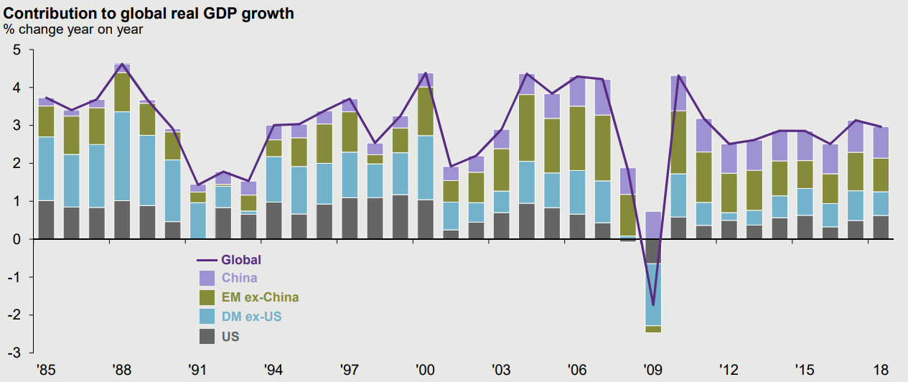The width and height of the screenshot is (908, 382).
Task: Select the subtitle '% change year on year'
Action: click(x=74, y=29)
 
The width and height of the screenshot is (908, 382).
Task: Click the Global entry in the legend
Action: click(x=240, y=260)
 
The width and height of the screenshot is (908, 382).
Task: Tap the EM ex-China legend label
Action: click(x=261, y=297)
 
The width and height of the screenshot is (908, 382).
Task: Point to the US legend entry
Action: click(x=230, y=336)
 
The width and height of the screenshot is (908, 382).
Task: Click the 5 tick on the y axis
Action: click(x=17, y=50)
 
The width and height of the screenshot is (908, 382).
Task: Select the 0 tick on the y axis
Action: click(x=17, y=239)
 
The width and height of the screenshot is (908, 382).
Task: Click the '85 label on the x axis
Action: click(x=45, y=370)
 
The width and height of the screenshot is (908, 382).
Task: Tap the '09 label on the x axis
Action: click(x=652, y=370)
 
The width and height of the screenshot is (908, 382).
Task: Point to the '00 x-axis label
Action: click(x=425, y=370)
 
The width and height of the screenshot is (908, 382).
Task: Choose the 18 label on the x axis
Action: click(x=881, y=370)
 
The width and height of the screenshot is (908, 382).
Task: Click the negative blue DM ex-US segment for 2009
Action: click(x=652, y=294)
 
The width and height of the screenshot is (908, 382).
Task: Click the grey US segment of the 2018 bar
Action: click(x=881, y=227)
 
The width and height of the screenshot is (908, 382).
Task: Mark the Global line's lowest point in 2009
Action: click(x=652, y=305)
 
